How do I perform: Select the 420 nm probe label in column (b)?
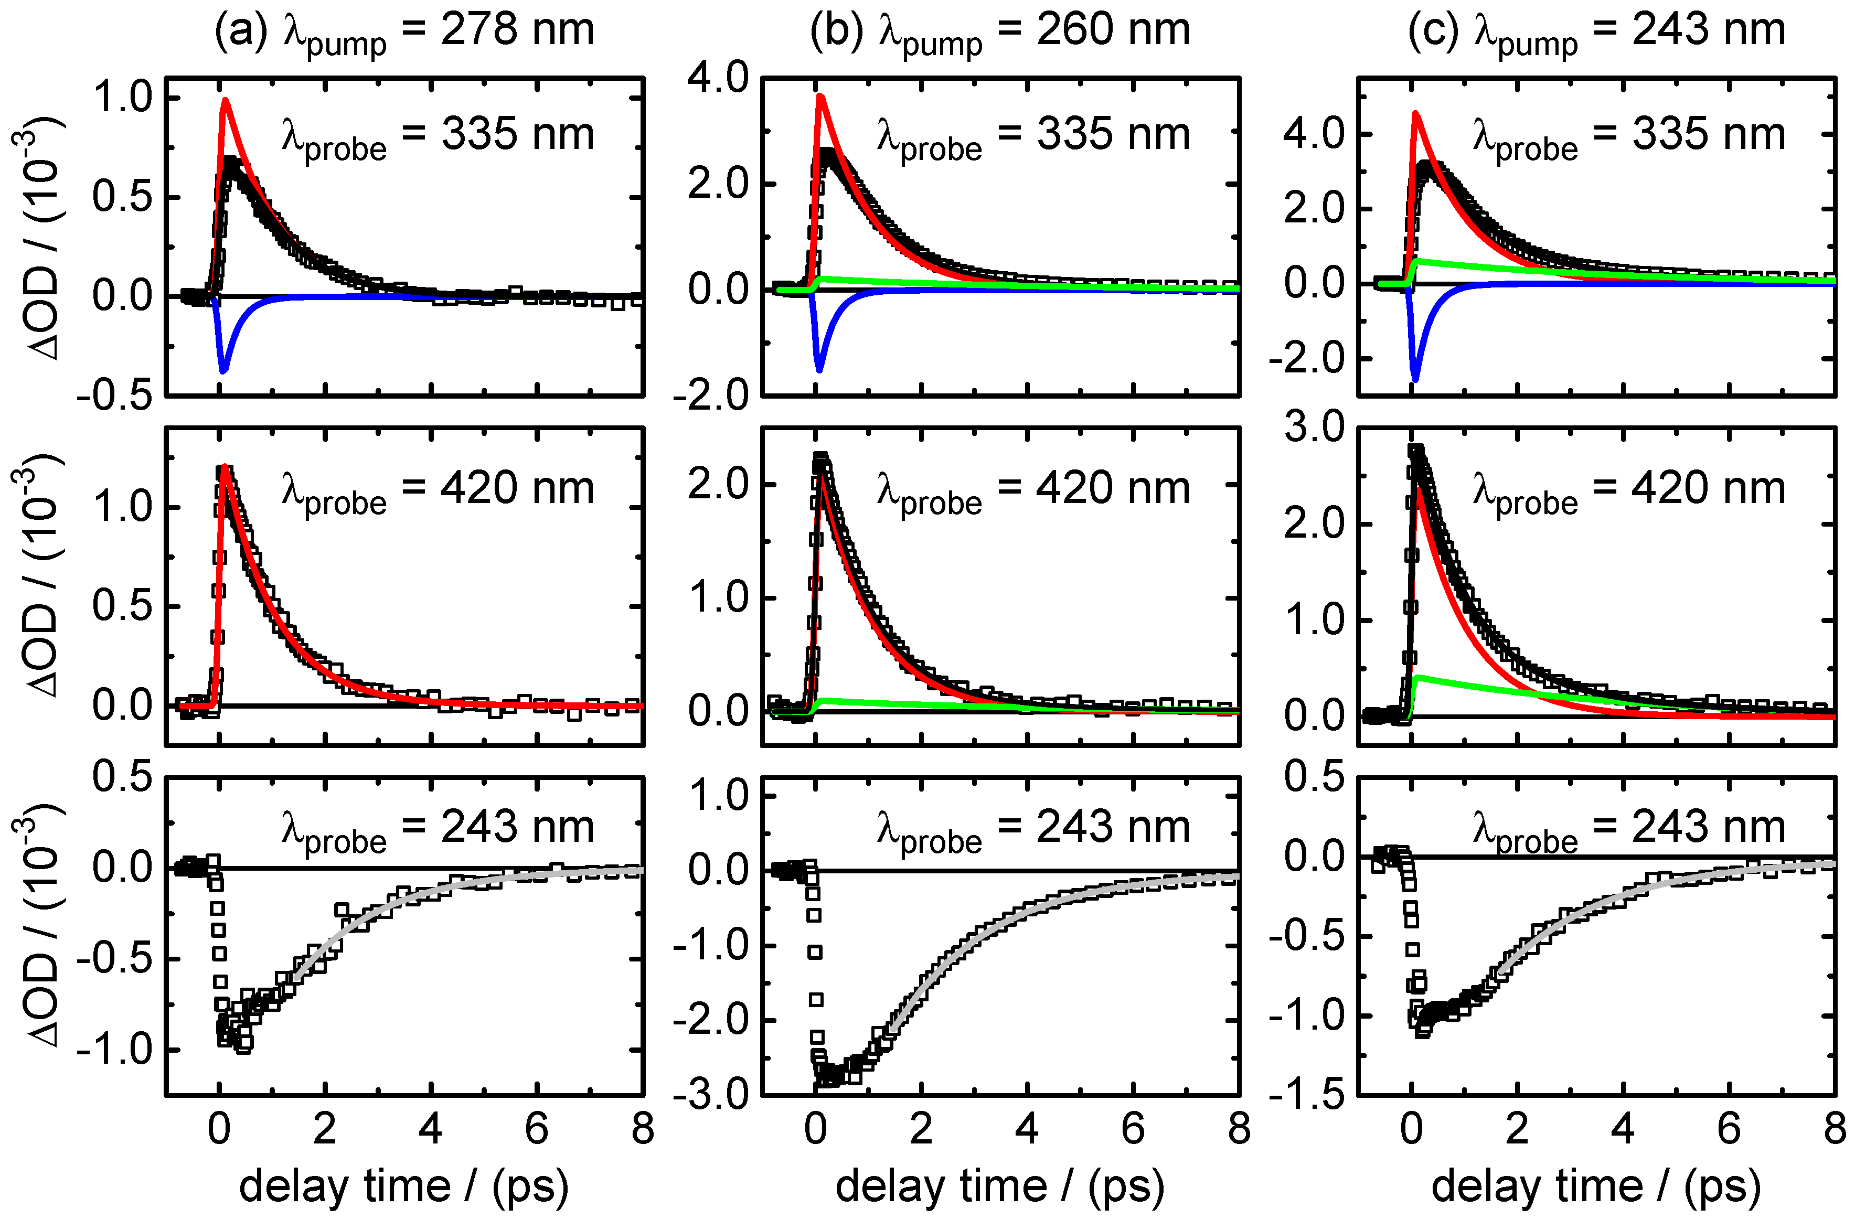click(1033, 491)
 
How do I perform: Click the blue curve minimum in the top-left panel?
click(223, 371)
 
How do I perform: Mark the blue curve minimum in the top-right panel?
click(1415, 380)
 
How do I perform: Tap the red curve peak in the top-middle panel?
click(820, 96)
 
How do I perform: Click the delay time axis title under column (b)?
click(1000, 1187)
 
